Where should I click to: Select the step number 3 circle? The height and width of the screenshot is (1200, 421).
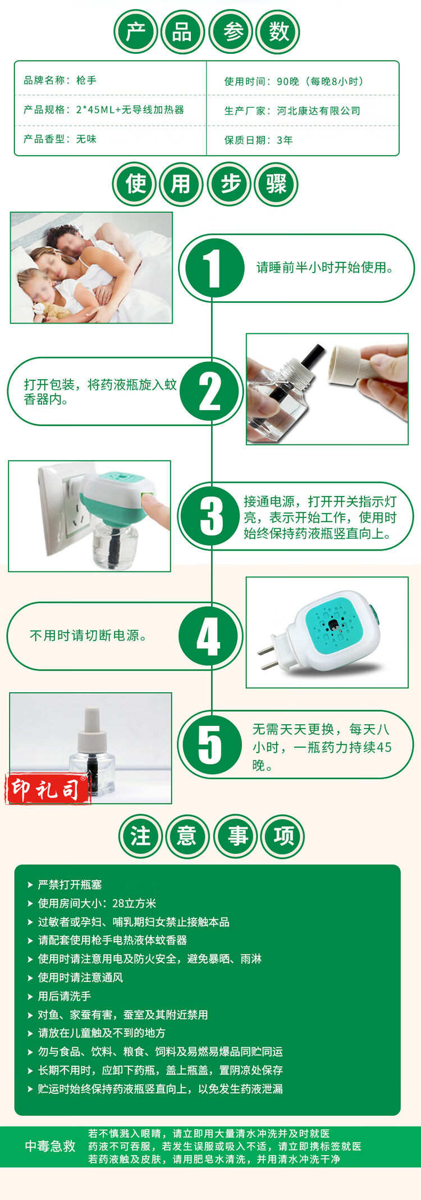[x=212, y=516]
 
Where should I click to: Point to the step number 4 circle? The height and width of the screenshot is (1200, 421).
[x=208, y=637]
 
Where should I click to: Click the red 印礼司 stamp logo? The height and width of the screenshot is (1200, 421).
[x=48, y=789]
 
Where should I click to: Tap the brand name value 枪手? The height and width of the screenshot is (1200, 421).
[x=86, y=80]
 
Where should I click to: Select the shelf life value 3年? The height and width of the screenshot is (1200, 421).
[x=285, y=140]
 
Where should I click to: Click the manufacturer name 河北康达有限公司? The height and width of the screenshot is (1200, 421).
[x=318, y=111]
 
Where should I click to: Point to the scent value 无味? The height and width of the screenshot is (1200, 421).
[x=86, y=139]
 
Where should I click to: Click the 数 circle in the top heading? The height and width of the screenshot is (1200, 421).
[x=279, y=32]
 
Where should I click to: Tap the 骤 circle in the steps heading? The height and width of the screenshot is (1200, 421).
[x=276, y=184]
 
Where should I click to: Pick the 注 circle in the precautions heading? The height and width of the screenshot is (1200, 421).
[x=140, y=836]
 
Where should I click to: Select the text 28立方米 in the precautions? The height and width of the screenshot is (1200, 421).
[x=134, y=904]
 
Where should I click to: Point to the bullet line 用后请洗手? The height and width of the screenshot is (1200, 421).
[x=65, y=997]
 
